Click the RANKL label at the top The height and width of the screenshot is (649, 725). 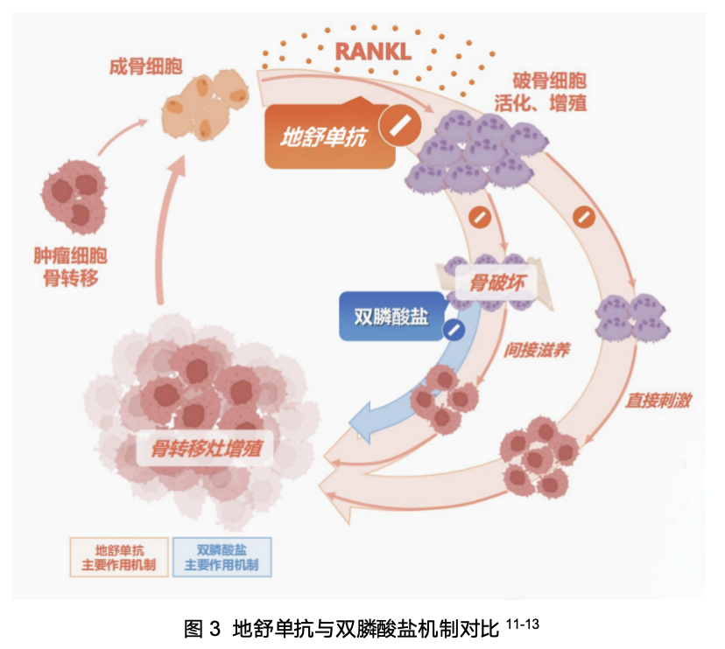click(373, 50)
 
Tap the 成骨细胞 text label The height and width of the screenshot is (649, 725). click(142, 66)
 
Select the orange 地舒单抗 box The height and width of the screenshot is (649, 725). click(324, 137)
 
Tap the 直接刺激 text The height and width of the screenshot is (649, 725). click(658, 401)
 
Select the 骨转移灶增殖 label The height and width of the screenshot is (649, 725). click(207, 450)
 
